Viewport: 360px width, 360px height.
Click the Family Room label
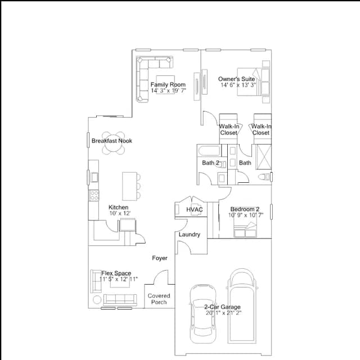[168, 84]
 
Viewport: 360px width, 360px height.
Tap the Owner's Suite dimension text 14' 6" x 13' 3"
[238, 85]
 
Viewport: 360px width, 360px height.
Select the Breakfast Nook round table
[114, 143]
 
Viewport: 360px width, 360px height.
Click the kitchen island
[130, 186]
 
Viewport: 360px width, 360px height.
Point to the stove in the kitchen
[94, 195]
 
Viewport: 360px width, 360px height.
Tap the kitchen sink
[94, 177]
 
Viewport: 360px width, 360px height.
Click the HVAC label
[195, 209]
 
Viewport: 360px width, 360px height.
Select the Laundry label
[190, 235]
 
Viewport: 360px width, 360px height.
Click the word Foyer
[160, 258]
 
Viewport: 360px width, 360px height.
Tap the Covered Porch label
[159, 299]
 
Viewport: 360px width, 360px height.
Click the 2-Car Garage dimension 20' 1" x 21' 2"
[223, 313]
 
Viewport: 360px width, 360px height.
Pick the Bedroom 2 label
[245, 209]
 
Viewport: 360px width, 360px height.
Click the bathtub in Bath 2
[209, 150]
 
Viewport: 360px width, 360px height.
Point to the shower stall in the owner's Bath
[264, 157]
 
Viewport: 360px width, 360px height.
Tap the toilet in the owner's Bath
[264, 177]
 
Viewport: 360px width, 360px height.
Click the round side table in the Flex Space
[97, 300]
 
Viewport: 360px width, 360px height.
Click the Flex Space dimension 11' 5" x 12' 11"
[119, 279]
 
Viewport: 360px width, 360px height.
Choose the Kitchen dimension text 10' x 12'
[120, 213]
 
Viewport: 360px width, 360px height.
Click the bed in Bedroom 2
[245, 226]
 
